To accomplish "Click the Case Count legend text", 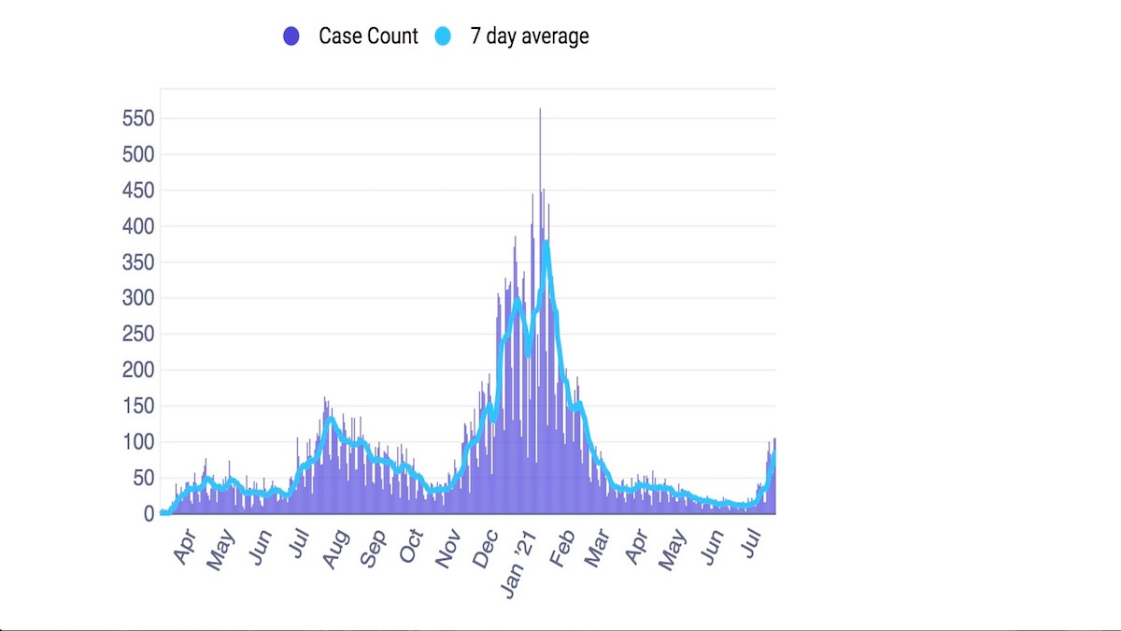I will [368, 36].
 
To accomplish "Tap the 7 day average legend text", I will [530, 36].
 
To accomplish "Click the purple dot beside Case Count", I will [291, 36].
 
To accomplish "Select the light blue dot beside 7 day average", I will [443, 36].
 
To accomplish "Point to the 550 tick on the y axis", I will [137, 119].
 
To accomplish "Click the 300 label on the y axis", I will [137, 298].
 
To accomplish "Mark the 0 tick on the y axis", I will [148, 513].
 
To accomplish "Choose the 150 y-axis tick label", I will [137, 406].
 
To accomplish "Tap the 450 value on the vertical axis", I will [137, 191].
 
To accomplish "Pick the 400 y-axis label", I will [137, 226].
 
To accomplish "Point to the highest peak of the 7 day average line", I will [545, 242].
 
